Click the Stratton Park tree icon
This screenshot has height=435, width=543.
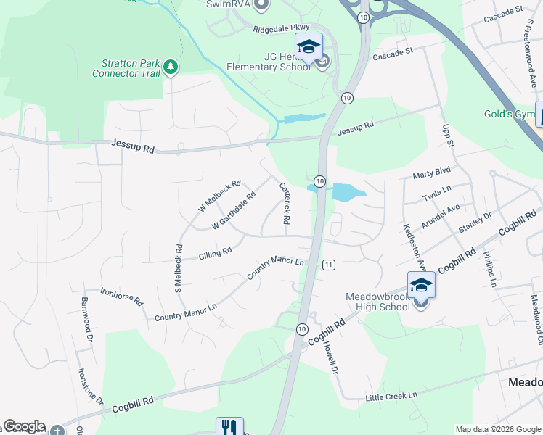[171, 67]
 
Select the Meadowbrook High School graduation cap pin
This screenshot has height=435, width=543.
[421, 284]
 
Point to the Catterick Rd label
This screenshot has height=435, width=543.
[285, 202]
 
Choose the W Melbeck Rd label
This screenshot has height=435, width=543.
[219, 196]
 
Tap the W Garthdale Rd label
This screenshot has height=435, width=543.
[234, 211]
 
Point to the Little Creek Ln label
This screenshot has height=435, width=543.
[392, 395]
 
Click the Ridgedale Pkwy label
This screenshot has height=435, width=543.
[282, 29]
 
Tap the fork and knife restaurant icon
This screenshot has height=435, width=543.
[229, 426]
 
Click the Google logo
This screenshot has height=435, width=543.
[24, 426]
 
